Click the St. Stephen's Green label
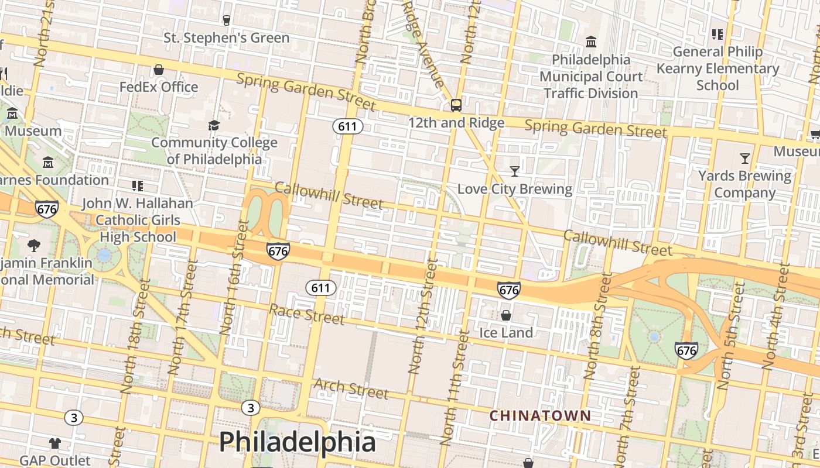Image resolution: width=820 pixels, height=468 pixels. tap(226, 38)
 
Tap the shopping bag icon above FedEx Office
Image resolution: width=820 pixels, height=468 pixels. tap(158, 70)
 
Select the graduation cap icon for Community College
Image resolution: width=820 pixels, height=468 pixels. tap(214, 125)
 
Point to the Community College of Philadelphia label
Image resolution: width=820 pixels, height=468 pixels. tap(214, 150)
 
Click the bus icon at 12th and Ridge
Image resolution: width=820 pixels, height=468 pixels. tap(456, 105)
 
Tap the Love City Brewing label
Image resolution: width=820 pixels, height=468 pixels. tap(514, 189)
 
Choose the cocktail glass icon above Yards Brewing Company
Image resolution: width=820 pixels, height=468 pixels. tap(744, 158)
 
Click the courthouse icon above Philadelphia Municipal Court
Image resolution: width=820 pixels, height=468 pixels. tap(591, 42)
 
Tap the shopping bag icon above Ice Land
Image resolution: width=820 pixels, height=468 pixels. tap(506, 315)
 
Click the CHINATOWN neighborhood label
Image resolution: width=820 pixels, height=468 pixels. tap(540, 416)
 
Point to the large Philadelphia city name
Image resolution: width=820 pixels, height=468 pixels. tap(297, 442)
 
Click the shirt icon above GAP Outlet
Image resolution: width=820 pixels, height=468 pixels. tap(55, 443)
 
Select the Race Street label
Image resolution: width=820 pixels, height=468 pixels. tap(306, 314)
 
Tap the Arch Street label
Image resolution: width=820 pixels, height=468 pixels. tap(351, 388)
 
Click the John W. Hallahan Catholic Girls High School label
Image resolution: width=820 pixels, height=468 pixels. tap(137, 220)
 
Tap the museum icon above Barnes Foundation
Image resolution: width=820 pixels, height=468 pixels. tap(48, 162)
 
